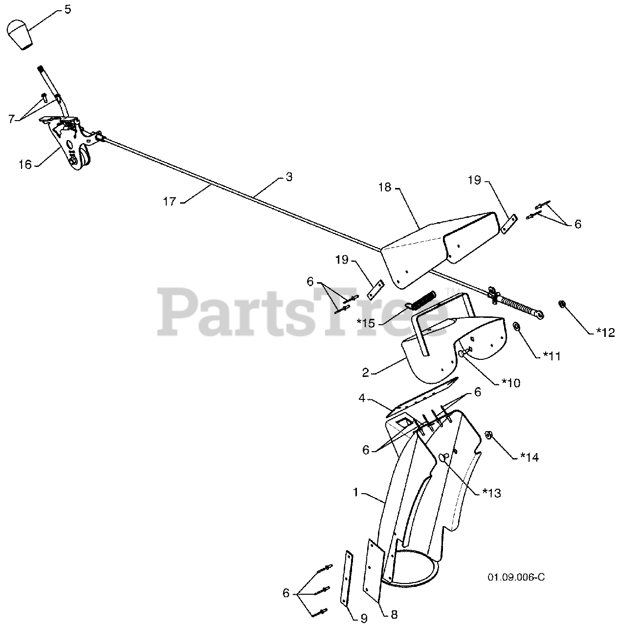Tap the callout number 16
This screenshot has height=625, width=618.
point(25,165)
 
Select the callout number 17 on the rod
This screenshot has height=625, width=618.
point(169,201)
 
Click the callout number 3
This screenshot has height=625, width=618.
point(289,177)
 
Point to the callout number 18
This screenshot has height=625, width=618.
point(385,187)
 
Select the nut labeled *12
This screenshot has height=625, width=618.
point(562,305)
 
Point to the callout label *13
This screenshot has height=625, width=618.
point(490,493)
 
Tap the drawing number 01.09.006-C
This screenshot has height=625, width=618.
point(516,578)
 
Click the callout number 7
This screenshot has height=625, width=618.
point(11,119)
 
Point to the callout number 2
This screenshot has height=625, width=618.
point(365,373)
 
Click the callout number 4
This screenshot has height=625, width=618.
point(362,398)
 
